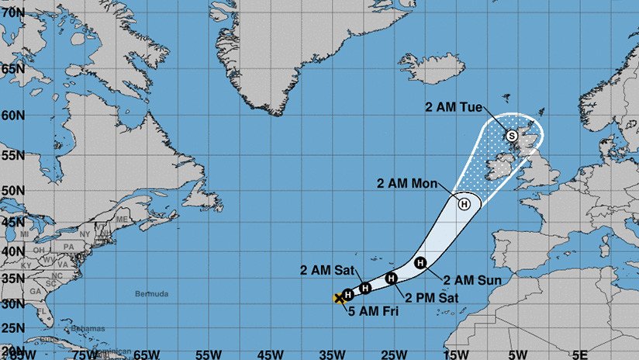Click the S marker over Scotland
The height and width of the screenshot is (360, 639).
pyautogui.click(x=511, y=136)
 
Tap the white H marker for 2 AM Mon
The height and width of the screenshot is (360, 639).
pyautogui.click(x=464, y=204)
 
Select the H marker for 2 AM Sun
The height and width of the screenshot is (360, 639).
pyautogui.click(x=420, y=263)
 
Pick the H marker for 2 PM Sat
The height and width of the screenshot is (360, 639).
pyautogui.click(x=392, y=278)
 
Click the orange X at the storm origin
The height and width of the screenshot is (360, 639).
pyautogui.click(x=339, y=297)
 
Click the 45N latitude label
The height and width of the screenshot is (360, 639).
pyautogui.click(x=12, y=222)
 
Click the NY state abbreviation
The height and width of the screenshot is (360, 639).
pyautogui.click(x=83, y=234)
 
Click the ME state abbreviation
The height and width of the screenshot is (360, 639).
pyautogui.click(x=120, y=220)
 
